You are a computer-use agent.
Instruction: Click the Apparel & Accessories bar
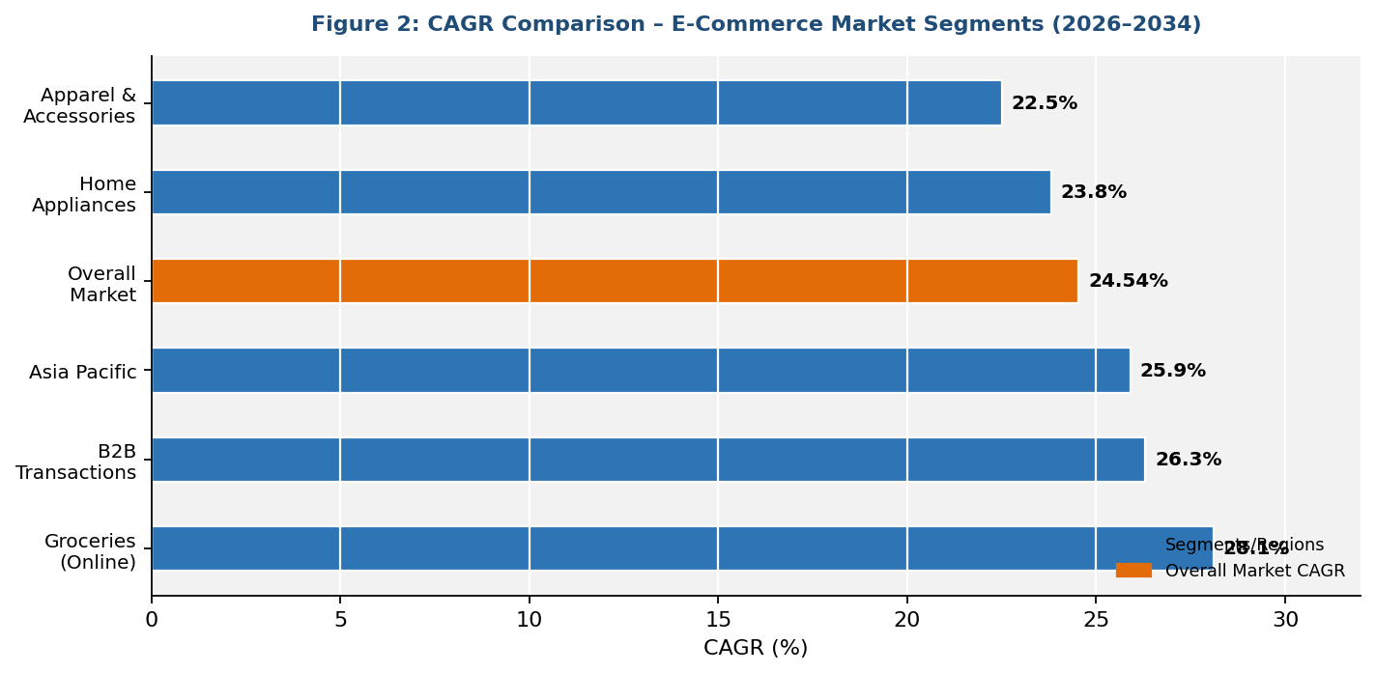point(576,102)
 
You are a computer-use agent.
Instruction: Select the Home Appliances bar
point(600,192)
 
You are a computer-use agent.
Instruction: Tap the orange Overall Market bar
point(614,281)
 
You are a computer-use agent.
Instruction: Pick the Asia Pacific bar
point(640,371)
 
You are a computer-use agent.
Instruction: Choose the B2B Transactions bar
point(647,460)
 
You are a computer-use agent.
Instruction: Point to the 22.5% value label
point(1044,103)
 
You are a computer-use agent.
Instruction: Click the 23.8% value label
point(1093,192)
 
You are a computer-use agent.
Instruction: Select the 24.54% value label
point(1128,281)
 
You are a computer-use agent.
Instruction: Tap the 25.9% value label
point(1172,371)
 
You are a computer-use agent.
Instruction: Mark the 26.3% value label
point(1188,460)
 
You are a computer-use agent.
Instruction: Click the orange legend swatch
point(1132,571)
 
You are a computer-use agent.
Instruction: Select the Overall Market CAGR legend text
point(1254,571)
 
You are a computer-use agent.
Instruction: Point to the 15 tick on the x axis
point(718,620)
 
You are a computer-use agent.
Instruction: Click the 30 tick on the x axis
point(1284,620)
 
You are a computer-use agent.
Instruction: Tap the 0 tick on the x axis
point(152,620)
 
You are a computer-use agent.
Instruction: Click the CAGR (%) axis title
point(755,648)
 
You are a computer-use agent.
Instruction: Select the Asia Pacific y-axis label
point(83,372)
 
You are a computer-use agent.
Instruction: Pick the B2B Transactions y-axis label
point(76,462)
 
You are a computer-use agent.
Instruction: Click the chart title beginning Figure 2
point(756,24)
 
